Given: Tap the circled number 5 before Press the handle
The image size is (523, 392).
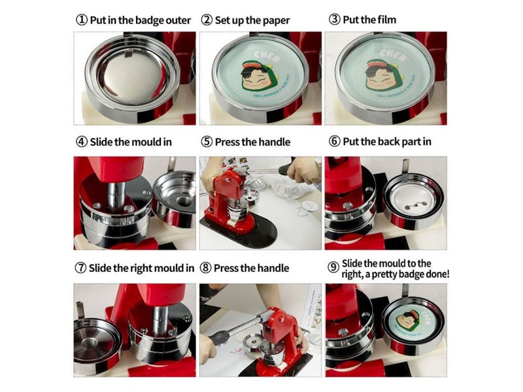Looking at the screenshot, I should (x=207, y=142).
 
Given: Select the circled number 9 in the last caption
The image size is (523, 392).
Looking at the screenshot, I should (x=333, y=268).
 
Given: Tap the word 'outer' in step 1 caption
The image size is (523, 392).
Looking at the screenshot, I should (x=177, y=20).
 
